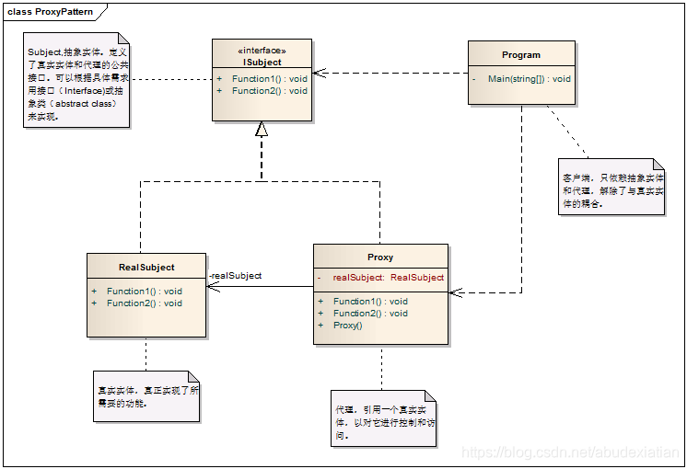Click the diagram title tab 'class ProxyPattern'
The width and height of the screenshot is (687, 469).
tap(52, 11)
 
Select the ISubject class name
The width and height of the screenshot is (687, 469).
tap(262, 63)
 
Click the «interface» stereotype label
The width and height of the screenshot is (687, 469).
tap(262, 51)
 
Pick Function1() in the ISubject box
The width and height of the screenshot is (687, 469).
tap(269, 79)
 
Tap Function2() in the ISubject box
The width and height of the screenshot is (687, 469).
tap(269, 91)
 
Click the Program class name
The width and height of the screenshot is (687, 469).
tap(521, 55)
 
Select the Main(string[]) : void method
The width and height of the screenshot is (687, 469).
tap(529, 79)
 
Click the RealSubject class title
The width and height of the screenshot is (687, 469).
tap(146, 268)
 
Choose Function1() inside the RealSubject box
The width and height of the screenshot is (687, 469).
tap(144, 292)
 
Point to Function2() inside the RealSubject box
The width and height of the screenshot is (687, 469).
tap(144, 303)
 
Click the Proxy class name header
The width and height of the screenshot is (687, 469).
tap(380, 257)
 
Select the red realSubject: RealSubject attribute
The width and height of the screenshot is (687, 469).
tap(388, 277)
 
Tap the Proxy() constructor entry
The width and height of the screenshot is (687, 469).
tap(348, 326)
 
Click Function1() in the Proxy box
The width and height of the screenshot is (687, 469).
tap(370, 302)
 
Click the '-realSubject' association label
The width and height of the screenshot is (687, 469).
tap(236, 276)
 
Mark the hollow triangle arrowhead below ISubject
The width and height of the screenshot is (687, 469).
tap(262, 130)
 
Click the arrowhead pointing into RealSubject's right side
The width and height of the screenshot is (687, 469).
tap(213, 286)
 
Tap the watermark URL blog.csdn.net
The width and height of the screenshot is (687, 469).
tap(569, 452)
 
